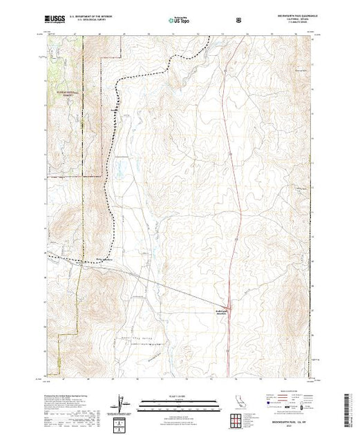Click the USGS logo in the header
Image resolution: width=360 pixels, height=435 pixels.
[x=53, y=19]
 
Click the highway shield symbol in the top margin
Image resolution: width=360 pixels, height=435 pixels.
[x=238, y=20]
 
